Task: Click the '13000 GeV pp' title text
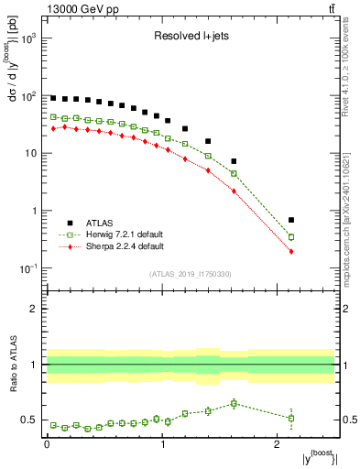[x=80, y=9]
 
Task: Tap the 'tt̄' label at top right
[x=329, y=9]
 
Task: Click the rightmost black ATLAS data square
[x=317, y=220]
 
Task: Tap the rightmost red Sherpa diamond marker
[x=317, y=251]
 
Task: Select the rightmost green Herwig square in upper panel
[x=317, y=236]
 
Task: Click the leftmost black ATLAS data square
[x=53, y=97]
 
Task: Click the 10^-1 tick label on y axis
[x=27, y=268]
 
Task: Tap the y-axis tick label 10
[x=30, y=153]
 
